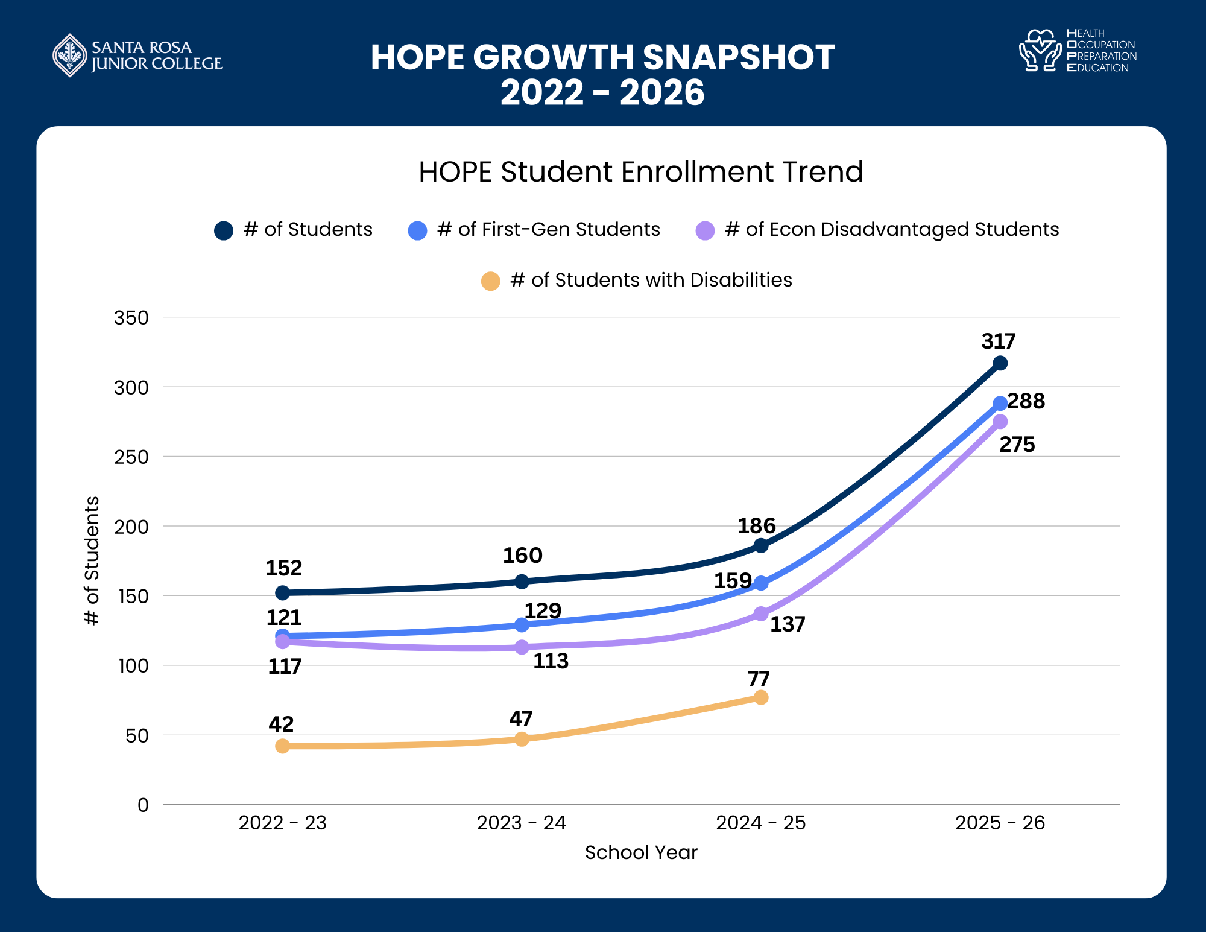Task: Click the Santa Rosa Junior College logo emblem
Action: pyautogui.click(x=71, y=55)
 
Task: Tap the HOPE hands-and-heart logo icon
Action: pyautogui.click(x=1040, y=51)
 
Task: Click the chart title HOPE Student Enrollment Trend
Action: pyautogui.click(x=640, y=172)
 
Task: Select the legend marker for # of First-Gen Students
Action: pyautogui.click(x=417, y=230)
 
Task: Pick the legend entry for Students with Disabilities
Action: pyautogui.click(x=651, y=281)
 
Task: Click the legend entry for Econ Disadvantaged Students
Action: pyautogui.click(x=891, y=230)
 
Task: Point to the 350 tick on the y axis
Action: pyautogui.click(x=131, y=318)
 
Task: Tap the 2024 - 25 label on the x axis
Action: pyautogui.click(x=760, y=823)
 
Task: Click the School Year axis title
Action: pyautogui.click(x=640, y=852)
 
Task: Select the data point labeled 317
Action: pyautogui.click(x=1000, y=363)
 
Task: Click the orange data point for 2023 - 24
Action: pyautogui.click(x=522, y=739)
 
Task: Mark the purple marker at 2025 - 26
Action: pyautogui.click(x=1000, y=421)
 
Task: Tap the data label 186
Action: pyautogui.click(x=756, y=526)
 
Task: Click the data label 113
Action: pyautogui.click(x=551, y=661)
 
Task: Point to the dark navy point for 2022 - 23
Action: pyautogui.click(x=282, y=593)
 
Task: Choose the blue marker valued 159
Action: pyautogui.click(x=761, y=583)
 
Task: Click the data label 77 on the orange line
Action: pyautogui.click(x=758, y=679)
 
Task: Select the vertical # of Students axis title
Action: pyautogui.click(x=92, y=560)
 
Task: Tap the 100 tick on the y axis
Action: pyautogui.click(x=133, y=666)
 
